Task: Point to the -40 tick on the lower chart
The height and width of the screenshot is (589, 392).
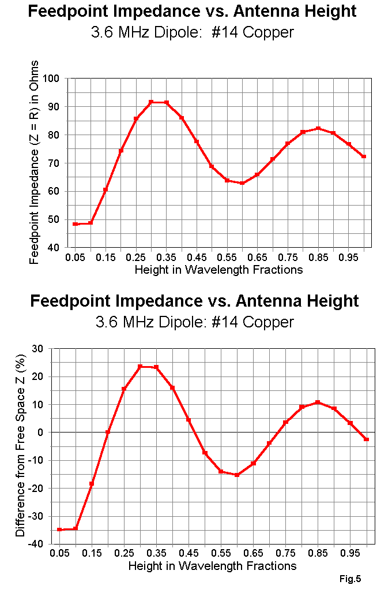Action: [x=36, y=544]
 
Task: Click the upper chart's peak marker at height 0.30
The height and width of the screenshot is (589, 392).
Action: [x=151, y=102]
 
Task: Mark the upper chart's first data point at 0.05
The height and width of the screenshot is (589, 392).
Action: [x=75, y=224]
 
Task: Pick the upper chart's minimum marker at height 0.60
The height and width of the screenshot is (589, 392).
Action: [x=242, y=183]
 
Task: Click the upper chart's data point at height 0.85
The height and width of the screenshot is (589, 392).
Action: [x=318, y=129]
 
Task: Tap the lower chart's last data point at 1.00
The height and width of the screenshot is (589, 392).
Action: [x=366, y=439]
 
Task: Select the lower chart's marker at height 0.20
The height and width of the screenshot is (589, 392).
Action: [x=108, y=432]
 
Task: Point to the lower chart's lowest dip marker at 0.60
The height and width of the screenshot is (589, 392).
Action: [x=237, y=475]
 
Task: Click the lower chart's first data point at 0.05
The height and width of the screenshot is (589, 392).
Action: [x=59, y=530]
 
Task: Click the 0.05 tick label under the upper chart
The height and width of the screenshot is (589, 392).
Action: [x=75, y=256]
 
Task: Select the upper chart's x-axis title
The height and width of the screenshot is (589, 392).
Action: [x=218, y=269]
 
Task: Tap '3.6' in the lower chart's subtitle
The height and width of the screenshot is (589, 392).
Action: [x=107, y=322]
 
